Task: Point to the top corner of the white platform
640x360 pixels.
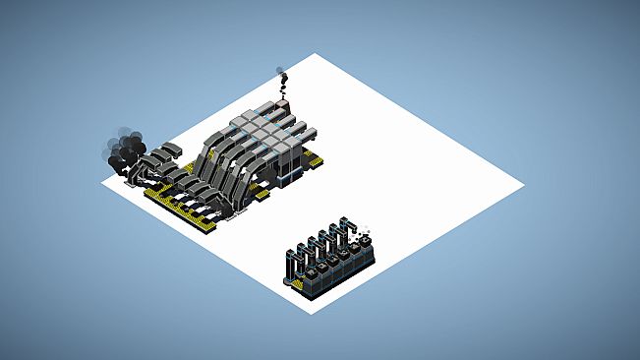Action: (x=315, y=54)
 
